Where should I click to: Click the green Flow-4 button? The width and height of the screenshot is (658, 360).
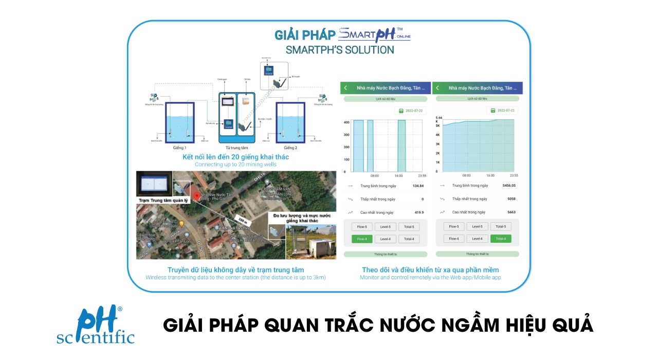tap(362, 239)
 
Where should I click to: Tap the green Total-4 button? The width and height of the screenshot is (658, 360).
tap(500, 239)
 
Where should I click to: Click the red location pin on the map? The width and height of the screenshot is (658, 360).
tap(197, 198)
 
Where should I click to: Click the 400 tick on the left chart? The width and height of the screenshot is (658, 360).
tap(346, 122)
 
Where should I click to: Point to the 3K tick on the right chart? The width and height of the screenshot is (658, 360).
tap(437, 144)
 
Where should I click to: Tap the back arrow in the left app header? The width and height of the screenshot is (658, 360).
tap(345, 88)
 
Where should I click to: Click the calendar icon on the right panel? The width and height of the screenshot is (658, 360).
tap(493, 111)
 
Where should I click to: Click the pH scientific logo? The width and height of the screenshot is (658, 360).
tap(96, 325)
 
